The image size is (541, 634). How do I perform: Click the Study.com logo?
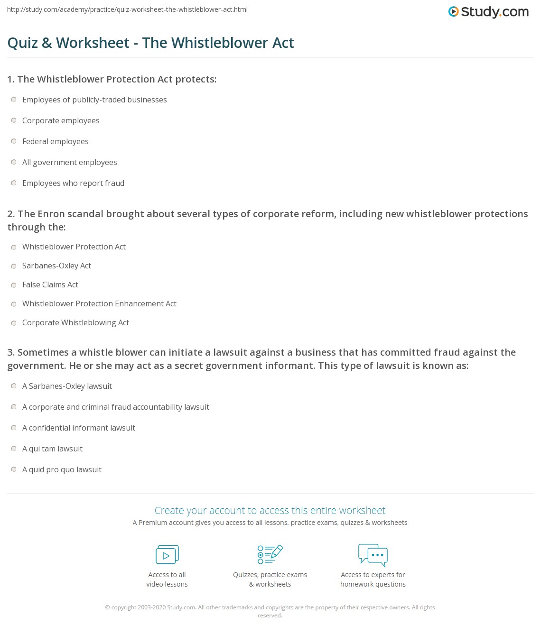(488, 11)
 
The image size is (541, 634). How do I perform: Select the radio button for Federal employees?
(14, 141)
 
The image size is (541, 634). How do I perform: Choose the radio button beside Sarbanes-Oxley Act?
(14, 266)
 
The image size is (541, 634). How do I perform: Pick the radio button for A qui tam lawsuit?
(14, 449)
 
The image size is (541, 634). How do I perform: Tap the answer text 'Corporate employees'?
(61, 121)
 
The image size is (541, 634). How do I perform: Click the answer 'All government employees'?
(69, 163)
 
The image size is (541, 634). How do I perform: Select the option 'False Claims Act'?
(50, 285)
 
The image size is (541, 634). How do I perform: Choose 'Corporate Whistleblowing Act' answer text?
(75, 323)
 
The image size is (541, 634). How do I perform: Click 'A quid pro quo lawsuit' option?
(62, 470)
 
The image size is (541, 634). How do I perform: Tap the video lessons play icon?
(167, 555)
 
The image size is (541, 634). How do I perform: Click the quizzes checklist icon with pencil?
(270, 554)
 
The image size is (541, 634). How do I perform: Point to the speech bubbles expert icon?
(373, 555)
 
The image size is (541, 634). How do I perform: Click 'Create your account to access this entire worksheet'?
(270, 511)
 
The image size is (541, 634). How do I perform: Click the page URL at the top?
(127, 9)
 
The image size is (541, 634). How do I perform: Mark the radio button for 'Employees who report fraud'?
(14, 183)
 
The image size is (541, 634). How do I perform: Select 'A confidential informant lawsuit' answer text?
(79, 428)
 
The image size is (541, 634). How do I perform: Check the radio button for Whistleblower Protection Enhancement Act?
(14, 304)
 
